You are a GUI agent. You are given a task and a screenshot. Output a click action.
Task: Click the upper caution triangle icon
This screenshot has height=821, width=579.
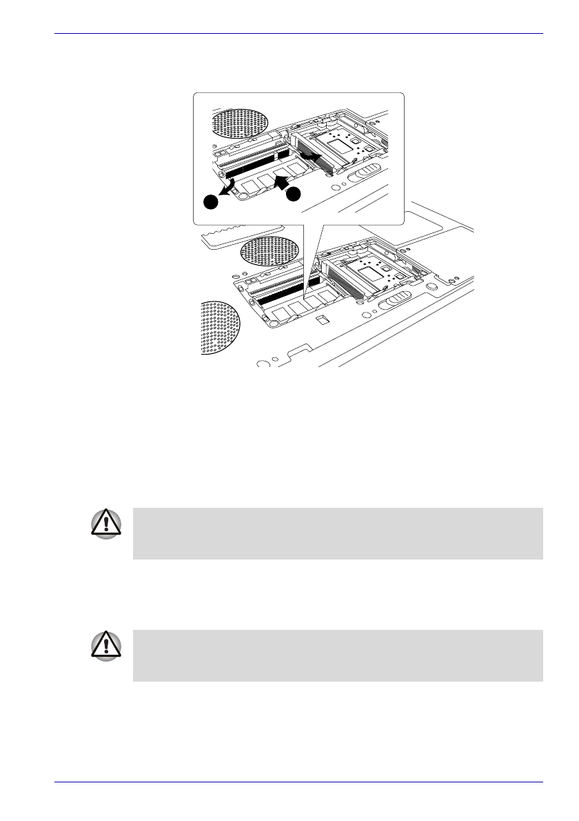(105, 525)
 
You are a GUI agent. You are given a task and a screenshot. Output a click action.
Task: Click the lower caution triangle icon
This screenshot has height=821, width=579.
(105, 646)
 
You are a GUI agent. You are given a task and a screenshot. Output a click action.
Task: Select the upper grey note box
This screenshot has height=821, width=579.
(337, 533)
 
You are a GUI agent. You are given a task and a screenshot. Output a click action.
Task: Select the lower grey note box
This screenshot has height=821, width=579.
(337, 655)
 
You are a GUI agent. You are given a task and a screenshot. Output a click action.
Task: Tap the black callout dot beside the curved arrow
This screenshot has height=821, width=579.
(211, 201)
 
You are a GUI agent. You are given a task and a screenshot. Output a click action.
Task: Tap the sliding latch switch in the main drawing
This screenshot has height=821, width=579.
(395, 302)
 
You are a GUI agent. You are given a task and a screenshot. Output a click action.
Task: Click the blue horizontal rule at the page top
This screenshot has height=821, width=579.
(298, 32)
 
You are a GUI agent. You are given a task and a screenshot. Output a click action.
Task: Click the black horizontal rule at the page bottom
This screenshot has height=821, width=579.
(298, 782)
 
